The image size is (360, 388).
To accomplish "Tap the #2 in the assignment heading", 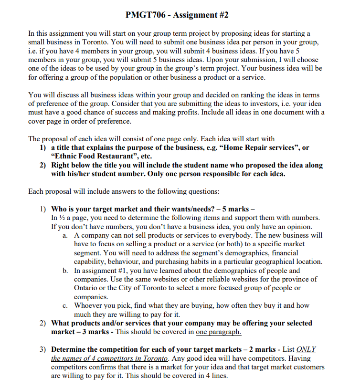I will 222,15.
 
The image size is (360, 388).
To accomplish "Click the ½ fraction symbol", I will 64,218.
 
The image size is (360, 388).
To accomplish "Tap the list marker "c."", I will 66,305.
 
